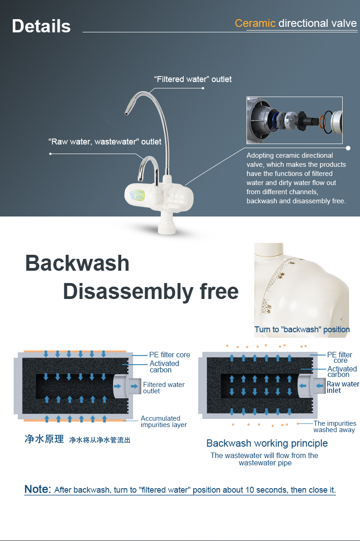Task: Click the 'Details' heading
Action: (x=41, y=26)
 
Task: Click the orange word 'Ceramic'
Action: (x=255, y=23)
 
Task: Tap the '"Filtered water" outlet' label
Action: (x=193, y=79)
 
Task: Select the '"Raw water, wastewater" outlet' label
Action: (x=105, y=142)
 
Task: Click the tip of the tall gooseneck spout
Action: (x=127, y=113)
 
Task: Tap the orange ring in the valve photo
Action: (x=323, y=121)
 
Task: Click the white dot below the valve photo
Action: (x=348, y=148)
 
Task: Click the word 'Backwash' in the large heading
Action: (x=77, y=263)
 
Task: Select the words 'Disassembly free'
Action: (x=151, y=292)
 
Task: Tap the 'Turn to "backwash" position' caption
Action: (x=302, y=330)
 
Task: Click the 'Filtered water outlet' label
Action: (x=164, y=388)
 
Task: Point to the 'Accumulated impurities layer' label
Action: (x=164, y=421)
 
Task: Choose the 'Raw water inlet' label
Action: (x=343, y=387)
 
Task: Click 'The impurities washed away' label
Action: (x=335, y=427)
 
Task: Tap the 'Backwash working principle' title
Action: (x=267, y=443)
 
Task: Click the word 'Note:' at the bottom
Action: (x=37, y=489)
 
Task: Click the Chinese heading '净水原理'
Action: (x=44, y=439)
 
